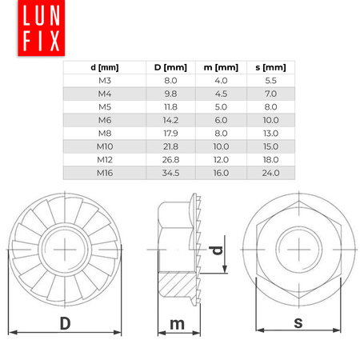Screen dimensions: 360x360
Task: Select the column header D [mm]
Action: coord(169,68)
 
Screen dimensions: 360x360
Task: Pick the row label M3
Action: coord(104,81)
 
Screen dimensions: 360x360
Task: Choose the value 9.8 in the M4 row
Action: coord(169,94)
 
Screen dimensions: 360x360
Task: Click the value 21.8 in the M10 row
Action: coord(169,146)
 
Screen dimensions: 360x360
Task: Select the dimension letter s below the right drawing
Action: coord(297,322)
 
